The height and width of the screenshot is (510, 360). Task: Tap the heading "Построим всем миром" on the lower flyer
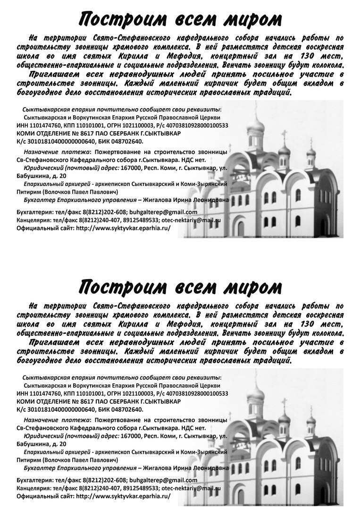pyautogui.click(x=180, y=287)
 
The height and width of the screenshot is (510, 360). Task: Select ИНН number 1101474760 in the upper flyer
pyautogui.click(x=45, y=126)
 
